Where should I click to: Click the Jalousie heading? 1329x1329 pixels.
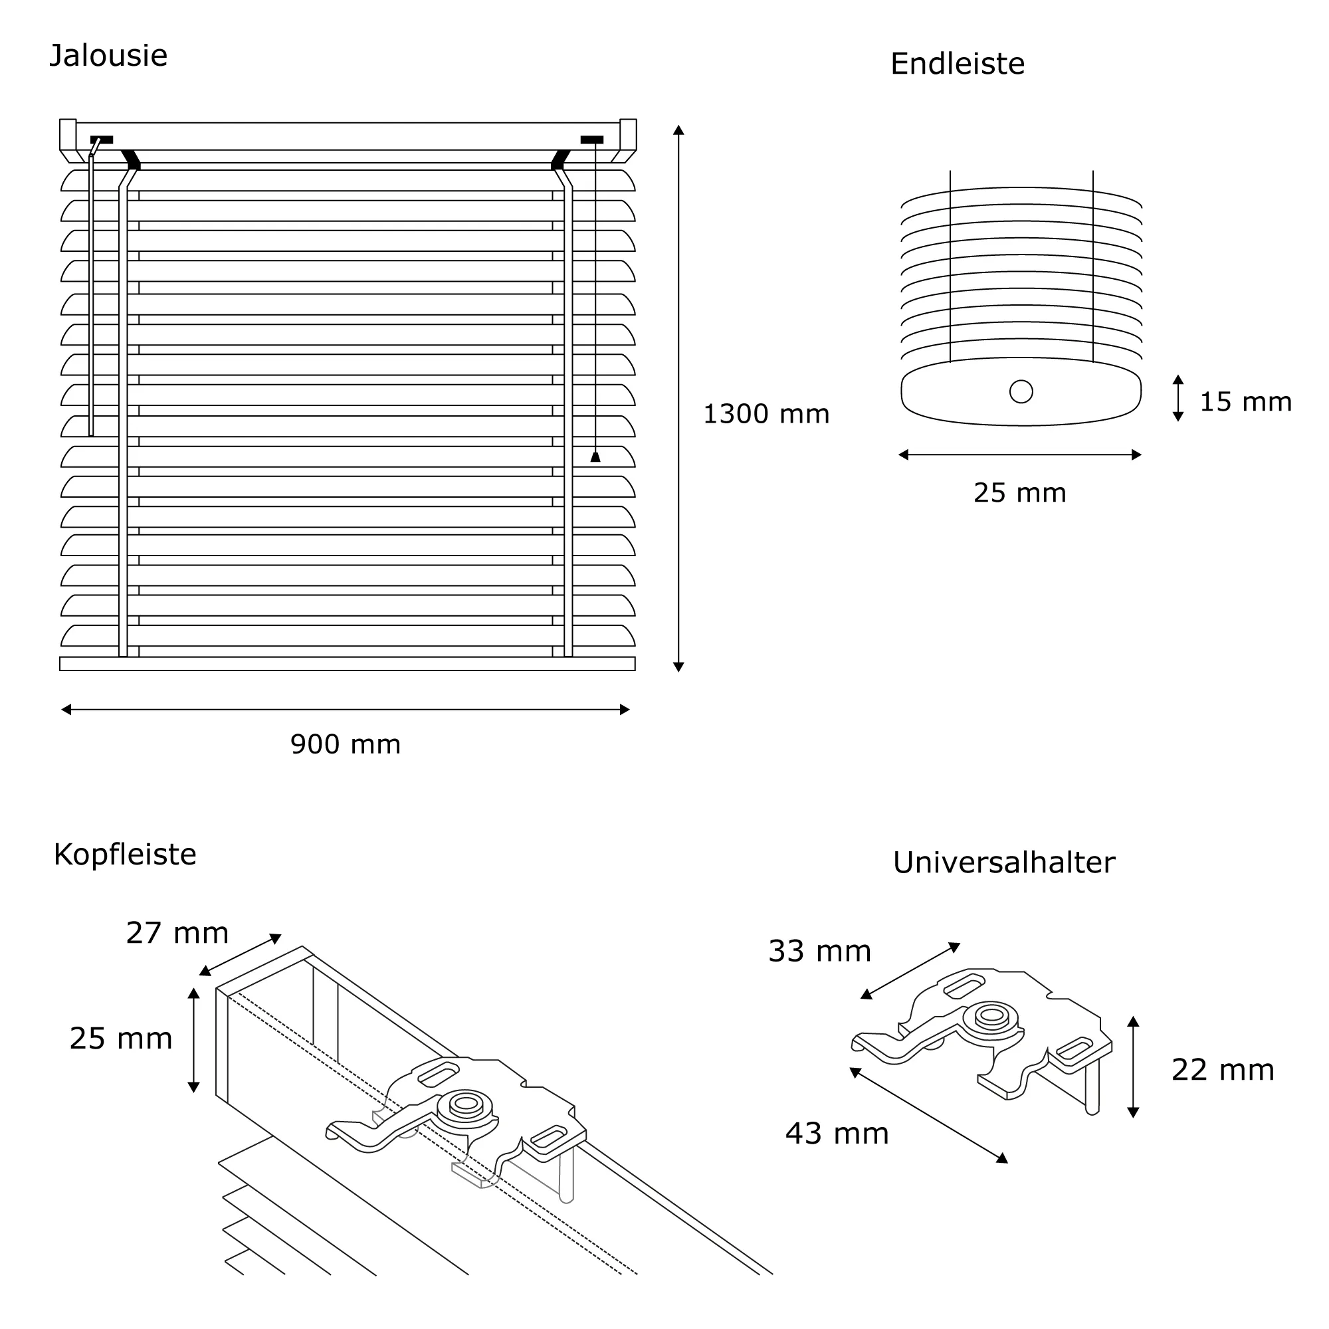(109, 56)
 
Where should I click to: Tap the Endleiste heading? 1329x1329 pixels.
(957, 64)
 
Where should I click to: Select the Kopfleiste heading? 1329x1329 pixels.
(124, 855)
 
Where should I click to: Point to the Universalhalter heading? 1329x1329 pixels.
(1003, 863)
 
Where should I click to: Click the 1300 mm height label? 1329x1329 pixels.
(766, 414)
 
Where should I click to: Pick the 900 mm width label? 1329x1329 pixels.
(346, 744)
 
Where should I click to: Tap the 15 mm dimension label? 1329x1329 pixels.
(1245, 402)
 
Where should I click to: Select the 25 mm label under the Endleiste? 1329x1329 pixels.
(1019, 492)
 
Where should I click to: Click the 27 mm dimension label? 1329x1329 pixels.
(177, 933)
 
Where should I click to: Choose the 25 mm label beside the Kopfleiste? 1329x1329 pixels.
(120, 1039)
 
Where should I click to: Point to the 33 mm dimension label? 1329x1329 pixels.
(819, 952)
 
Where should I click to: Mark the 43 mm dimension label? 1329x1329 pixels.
(837, 1134)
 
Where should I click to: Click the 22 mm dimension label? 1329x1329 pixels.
(1223, 1071)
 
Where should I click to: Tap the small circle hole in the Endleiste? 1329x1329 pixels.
(1021, 391)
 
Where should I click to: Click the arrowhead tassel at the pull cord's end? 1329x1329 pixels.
(595, 456)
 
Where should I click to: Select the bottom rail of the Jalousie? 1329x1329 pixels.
(348, 664)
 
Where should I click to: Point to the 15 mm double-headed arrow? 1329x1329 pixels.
(1177, 398)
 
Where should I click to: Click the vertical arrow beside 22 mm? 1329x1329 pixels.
(1134, 1067)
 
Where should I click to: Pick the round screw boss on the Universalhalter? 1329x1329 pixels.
(991, 1016)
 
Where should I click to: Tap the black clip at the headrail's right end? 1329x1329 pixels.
(591, 140)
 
